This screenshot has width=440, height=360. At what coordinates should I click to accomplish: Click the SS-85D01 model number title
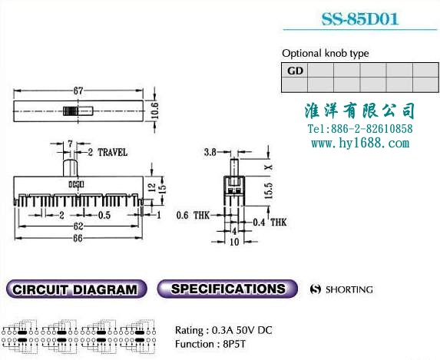pyautogui.click(x=359, y=19)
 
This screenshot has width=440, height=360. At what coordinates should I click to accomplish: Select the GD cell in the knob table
pyautogui.click(x=295, y=70)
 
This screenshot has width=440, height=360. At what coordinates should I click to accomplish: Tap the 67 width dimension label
pyautogui.click(x=78, y=91)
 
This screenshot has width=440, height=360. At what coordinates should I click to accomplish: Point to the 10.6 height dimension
pyautogui.click(x=155, y=111)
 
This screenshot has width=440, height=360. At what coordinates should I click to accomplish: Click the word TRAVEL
pyautogui.click(x=113, y=152)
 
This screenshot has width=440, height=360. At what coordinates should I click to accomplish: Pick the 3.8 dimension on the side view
pyautogui.click(x=210, y=152)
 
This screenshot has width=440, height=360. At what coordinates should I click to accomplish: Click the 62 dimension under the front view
pyautogui.click(x=78, y=226)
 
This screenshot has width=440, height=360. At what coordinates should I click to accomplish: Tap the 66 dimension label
pyautogui.click(x=78, y=238)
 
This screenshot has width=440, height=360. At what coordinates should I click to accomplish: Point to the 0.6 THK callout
pyautogui.click(x=193, y=215)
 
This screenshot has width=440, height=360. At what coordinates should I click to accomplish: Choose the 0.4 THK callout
pyautogui.click(x=270, y=223)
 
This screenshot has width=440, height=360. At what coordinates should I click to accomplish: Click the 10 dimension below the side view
pyautogui.click(x=234, y=242)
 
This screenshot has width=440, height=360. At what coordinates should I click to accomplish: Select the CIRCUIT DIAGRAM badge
pyautogui.click(x=76, y=289)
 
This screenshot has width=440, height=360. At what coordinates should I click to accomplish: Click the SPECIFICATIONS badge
pyautogui.click(x=227, y=289)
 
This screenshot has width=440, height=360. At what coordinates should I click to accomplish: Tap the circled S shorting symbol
pyautogui.click(x=315, y=289)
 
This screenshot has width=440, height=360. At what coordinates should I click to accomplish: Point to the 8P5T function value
pyautogui.click(x=234, y=344)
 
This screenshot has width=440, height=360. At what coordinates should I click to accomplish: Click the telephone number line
pyautogui.click(x=360, y=129)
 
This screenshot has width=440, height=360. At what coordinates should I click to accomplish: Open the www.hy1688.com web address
pyautogui.click(x=360, y=144)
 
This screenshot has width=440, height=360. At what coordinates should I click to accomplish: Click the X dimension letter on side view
pyautogui.click(x=269, y=167)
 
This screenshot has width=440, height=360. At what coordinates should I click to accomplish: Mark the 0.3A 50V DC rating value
pyautogui.click(x=242, y=330)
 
